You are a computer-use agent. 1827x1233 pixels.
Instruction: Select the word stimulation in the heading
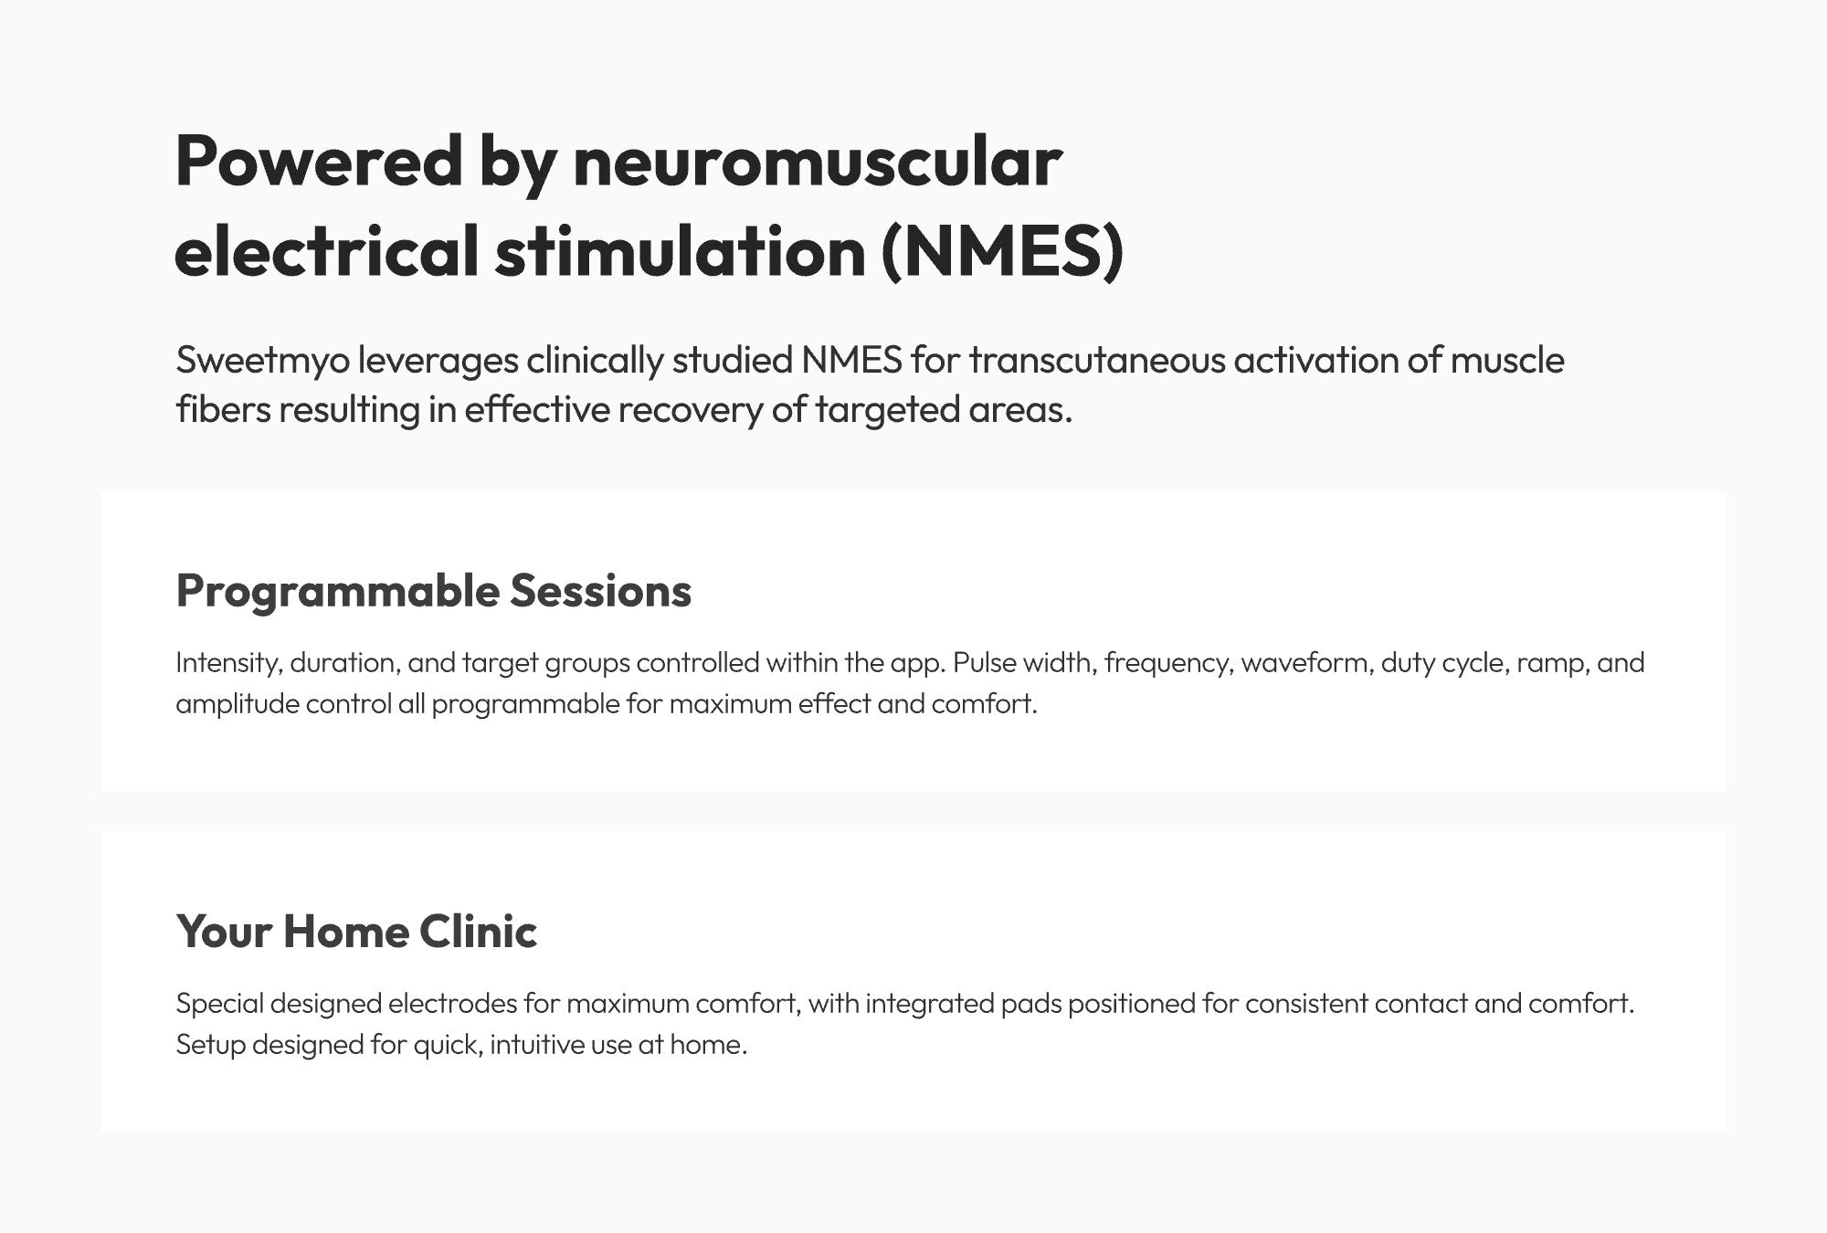tap(681, 251)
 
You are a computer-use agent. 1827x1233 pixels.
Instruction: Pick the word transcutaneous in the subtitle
tap(1096, 361)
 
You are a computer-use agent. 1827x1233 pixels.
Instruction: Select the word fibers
tap(223, 409)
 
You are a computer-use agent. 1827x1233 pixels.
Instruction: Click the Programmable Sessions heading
tap(434, 591)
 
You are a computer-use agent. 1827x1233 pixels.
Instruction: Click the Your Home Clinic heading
tap(357, 932)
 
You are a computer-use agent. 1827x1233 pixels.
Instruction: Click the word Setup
tap(210, 1045)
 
